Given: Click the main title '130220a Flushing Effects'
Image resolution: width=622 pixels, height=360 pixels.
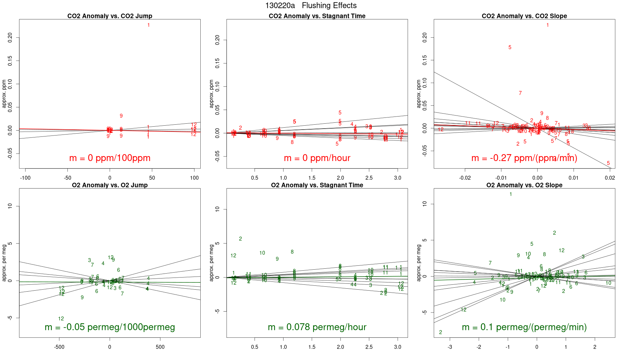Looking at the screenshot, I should (311, 6).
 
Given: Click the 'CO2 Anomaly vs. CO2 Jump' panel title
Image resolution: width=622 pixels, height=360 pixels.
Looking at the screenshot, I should (110, 16).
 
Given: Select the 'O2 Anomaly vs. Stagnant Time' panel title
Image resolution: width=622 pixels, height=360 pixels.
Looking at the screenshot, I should (317, 185).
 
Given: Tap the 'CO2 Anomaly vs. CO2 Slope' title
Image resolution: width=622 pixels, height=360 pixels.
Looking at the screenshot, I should (524, 16).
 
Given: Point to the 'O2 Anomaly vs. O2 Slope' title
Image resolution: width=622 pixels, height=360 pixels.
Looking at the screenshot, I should (524, 185).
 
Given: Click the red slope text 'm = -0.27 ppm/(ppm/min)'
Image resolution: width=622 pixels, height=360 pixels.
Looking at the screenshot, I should (524, 158).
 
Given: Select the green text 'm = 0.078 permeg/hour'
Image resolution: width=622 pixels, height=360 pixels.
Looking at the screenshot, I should (317, 327).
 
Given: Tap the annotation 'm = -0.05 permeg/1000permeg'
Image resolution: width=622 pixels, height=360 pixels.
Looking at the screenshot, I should (110, 327).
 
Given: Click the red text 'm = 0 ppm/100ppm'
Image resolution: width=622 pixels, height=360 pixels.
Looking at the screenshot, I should (110, 158).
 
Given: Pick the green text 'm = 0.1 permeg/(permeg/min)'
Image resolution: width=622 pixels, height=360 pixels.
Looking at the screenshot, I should (524, 327).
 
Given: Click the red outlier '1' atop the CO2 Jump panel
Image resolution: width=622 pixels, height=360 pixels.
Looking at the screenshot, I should (149, 25).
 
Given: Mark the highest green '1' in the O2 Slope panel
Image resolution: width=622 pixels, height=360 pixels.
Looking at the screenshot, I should (511, 194).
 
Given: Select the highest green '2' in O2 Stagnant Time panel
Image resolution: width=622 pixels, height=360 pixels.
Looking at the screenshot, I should (240, 239).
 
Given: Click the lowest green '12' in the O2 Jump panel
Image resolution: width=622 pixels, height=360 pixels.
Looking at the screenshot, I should (61, 319).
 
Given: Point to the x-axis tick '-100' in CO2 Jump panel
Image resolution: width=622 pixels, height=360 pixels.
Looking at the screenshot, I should (25, 178).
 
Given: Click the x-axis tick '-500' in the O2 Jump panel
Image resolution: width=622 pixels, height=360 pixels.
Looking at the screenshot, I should (59, 347).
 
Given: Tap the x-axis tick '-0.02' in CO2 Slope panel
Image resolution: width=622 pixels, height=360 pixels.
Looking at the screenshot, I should (465, 178).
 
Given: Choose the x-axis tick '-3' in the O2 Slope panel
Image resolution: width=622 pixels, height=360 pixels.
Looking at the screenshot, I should (450, 347).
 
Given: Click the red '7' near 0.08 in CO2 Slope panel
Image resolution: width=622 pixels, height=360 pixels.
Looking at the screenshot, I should (520, 93).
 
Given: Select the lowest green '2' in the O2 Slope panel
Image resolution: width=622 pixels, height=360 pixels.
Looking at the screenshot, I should (441, 333).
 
